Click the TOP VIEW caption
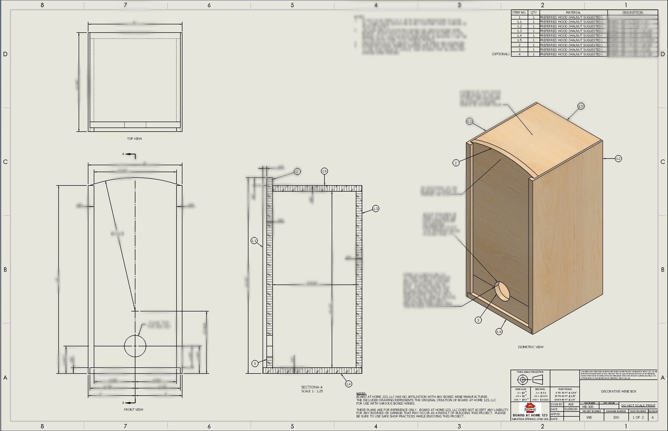coord(135,139)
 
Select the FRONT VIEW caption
coord(133,410)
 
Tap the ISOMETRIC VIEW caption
coord(530,347)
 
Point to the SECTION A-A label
coord(312,387)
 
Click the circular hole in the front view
coord(135,346)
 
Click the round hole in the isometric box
coord(502,291)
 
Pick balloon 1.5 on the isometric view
coord(581,106)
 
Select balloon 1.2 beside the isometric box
coord(618,159)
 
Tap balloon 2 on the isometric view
coord(456,163)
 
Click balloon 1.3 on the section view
coord(375,209)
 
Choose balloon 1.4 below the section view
coord(348,384)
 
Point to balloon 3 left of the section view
coord(254,363)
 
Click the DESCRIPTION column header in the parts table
coord(632,13)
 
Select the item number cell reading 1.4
coord(519,36)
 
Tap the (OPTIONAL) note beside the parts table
coord(501,54)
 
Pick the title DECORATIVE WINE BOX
coord(618,392)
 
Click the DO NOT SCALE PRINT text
coord(638,405)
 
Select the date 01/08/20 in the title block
coord(570,409)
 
